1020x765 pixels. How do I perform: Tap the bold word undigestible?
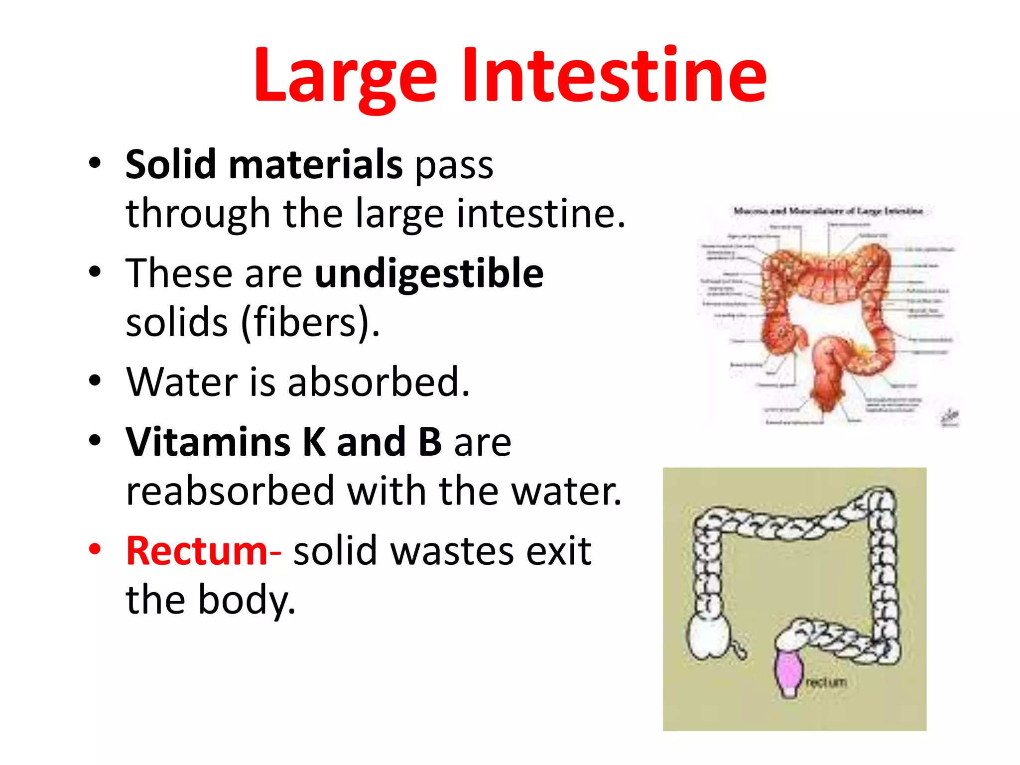pos(429,274)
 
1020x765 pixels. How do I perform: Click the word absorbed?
pos(378,382)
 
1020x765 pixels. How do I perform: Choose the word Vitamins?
pos(208,442)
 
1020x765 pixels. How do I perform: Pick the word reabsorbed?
pos(230,491)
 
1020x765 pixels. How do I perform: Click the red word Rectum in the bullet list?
pos(197,551)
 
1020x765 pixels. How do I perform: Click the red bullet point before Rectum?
pos(95,549)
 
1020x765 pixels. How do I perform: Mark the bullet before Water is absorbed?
pos(95,381)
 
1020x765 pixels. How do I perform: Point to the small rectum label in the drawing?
pos(826,682)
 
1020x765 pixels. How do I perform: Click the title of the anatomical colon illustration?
pos(828,211)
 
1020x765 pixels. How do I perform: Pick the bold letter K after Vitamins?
pos(314,442)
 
